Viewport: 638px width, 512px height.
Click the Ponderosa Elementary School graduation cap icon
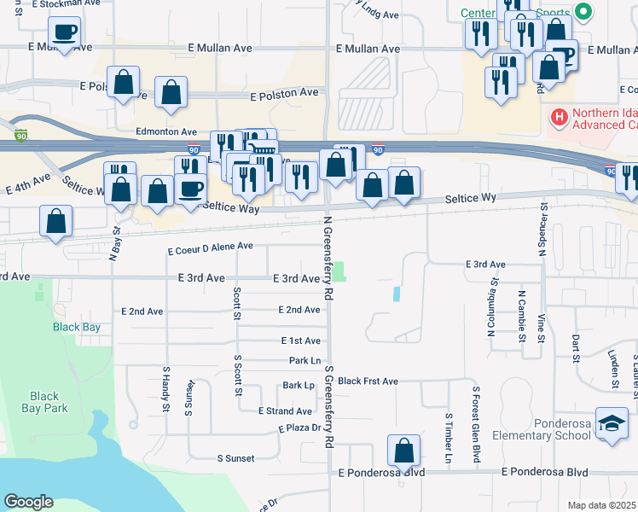[x=612, y=423]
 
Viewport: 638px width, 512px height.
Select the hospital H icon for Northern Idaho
[x=560, y=117]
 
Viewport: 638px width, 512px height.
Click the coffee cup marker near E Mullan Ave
[x=65, y=33]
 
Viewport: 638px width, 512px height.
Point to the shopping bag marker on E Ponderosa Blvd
[x=403, y=450]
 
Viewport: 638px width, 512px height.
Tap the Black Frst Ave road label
[x=368, y=381]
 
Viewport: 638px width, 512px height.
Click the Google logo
[x=29, y=502]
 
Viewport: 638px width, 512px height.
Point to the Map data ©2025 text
[x=602, y=505]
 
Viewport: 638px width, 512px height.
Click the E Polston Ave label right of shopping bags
[x=284, y=92]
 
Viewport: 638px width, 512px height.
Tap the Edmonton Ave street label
[x=166, y=131]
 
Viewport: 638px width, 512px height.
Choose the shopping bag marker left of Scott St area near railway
[x=55, y=221]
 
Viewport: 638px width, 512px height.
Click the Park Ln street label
[x=304, y=361]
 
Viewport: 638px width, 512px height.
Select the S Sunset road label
[x=235, y=458]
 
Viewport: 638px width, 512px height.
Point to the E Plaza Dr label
[x=303, y=428]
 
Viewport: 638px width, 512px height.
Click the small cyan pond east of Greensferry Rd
[x=397, y=294]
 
